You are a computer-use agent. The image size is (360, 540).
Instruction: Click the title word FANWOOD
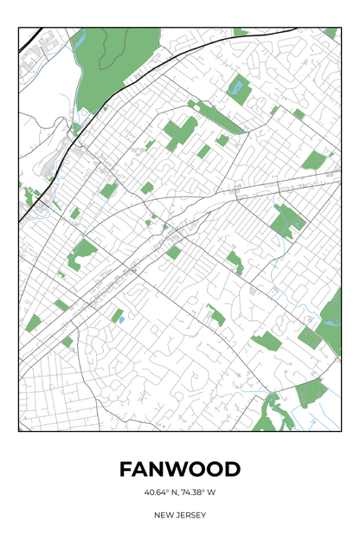[180, 469]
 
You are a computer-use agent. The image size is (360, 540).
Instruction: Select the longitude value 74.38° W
[198, 493]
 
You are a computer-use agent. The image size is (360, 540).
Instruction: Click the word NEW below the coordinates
[164, 515]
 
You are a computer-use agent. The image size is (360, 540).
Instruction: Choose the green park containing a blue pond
[287, 222]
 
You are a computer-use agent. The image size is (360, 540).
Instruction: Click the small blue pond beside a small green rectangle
[120, 320]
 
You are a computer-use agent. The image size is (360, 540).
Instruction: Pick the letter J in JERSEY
[177, 515]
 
